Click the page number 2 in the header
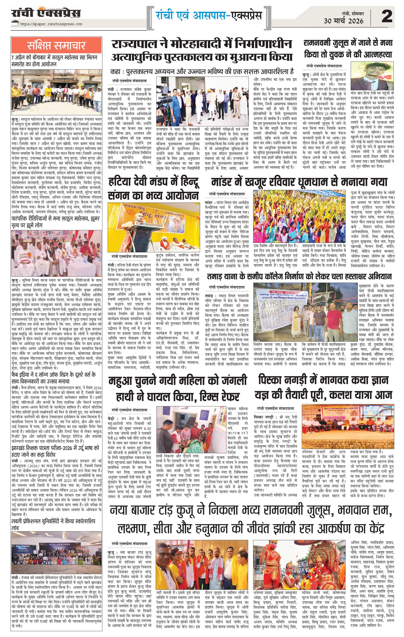(387, 16)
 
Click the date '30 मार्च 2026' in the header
(344, 21)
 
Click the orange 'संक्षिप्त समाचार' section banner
(56, 45)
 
